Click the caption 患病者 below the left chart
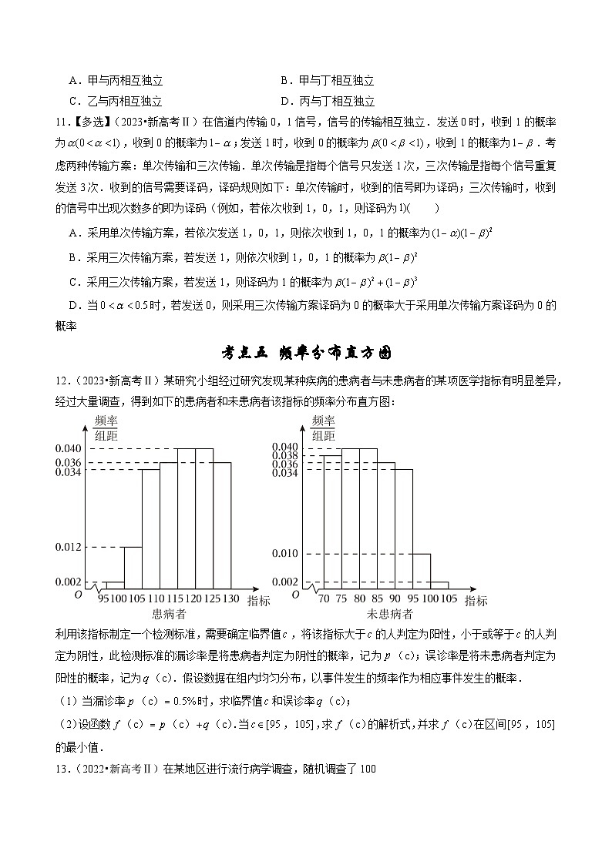(169, 614)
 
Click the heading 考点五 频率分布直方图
(306, 353)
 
